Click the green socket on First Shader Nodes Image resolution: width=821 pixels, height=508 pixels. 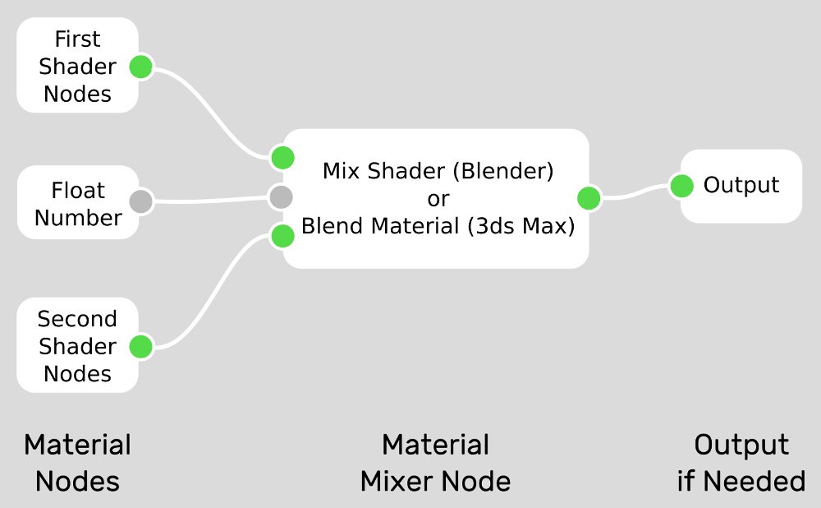[x=140, y=67]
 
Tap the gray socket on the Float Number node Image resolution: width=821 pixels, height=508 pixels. [x=140, y=201]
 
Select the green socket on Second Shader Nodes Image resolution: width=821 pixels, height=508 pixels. [x=140, y=347]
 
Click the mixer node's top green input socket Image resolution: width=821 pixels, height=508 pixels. [x=282, y=157]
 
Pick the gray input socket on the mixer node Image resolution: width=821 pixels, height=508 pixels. [x=281, y=197]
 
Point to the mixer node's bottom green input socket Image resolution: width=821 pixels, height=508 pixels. [x=282, y=236]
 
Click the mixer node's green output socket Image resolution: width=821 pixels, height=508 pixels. [x=589, y=198]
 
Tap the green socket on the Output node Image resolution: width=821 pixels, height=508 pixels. [x=681, y=186]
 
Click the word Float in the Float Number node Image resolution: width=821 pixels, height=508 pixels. [x=78, y=191]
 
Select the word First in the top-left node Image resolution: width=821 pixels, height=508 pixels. [x=77, y=39]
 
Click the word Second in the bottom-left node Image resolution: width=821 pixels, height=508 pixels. [x=77, y=319]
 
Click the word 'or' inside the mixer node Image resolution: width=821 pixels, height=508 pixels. [x=438, y=199]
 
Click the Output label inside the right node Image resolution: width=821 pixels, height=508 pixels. [x=741, y=185]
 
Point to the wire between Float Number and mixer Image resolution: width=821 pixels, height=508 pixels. [x=211, y=200]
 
